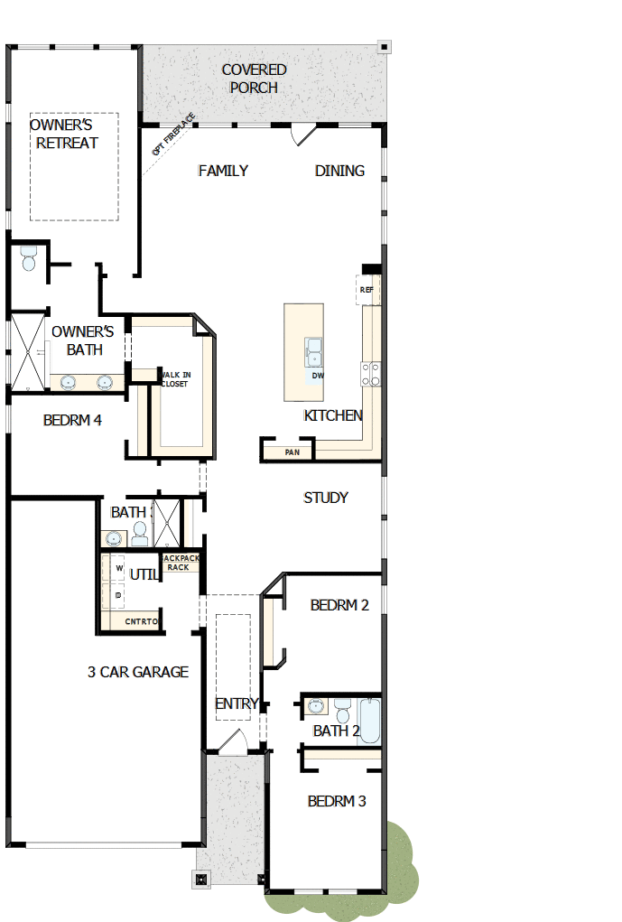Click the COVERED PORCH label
click(x=254, y=79)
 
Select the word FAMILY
click(x=223, y=171)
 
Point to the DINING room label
click(x=339, y=171)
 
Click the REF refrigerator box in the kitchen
click(x=367, y=290)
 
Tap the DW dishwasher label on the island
click(x=317, y=376)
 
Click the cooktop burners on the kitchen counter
click(x=371, y=374)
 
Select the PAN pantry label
click(x=292, y=452)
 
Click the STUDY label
click(x=326, y=498)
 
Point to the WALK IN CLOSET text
click(x=174, y=379)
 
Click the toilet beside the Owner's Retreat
click(x=28, y=258)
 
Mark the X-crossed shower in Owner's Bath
click(x=25, y=349)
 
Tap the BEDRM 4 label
click(x=72, y=420)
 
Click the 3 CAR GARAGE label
click(x=138, y=672)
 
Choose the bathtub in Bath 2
click(x=369, y=720)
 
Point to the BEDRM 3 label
click(x=337, y=801)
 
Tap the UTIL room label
click(x=144, y=574)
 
